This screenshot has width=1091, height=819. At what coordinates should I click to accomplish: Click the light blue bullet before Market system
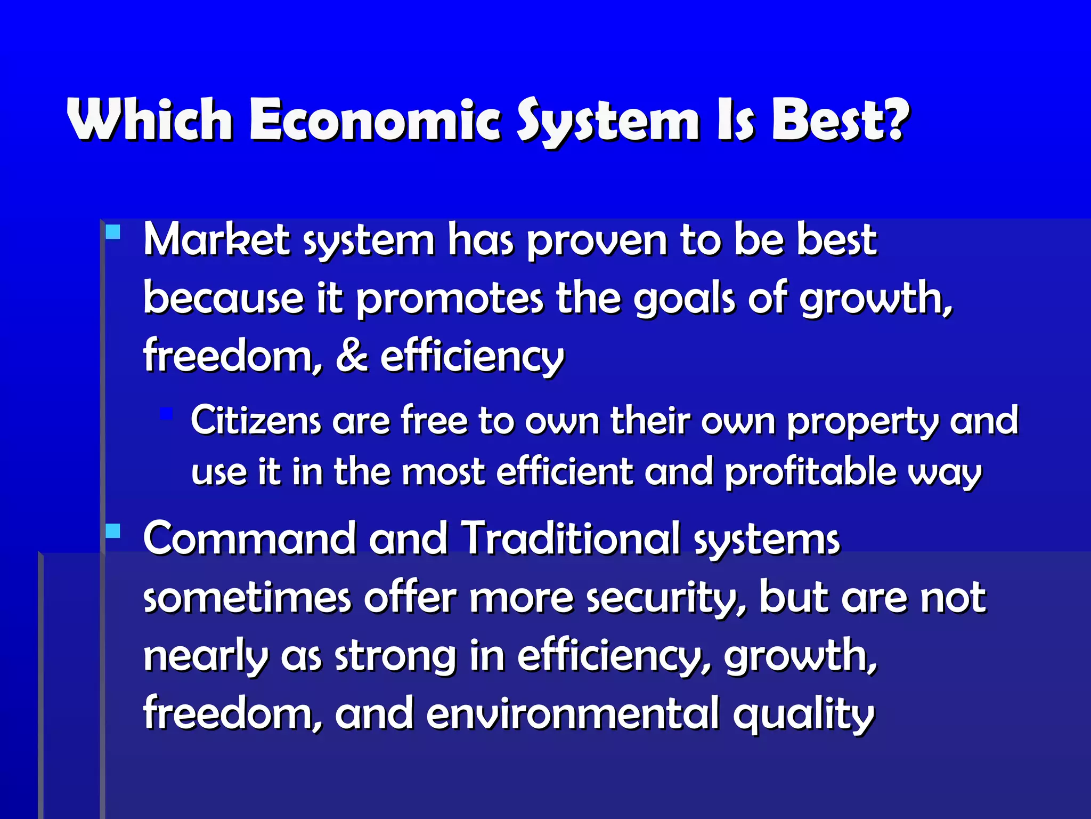point(113,232)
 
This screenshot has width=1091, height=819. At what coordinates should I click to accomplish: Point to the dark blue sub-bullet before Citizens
point(166,413)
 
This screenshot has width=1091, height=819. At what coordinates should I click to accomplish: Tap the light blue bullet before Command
point(113,531)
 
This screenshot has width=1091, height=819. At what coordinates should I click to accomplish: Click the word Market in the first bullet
point(216,240)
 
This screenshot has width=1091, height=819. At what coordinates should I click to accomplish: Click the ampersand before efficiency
point(352,356)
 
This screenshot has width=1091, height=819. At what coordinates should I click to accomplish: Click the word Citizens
point(256,420)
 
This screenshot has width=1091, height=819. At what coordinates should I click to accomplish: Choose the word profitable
point(810,472)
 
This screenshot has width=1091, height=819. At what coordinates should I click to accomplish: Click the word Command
point(249,539)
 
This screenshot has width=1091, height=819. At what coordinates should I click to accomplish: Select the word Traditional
point(570,539)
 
